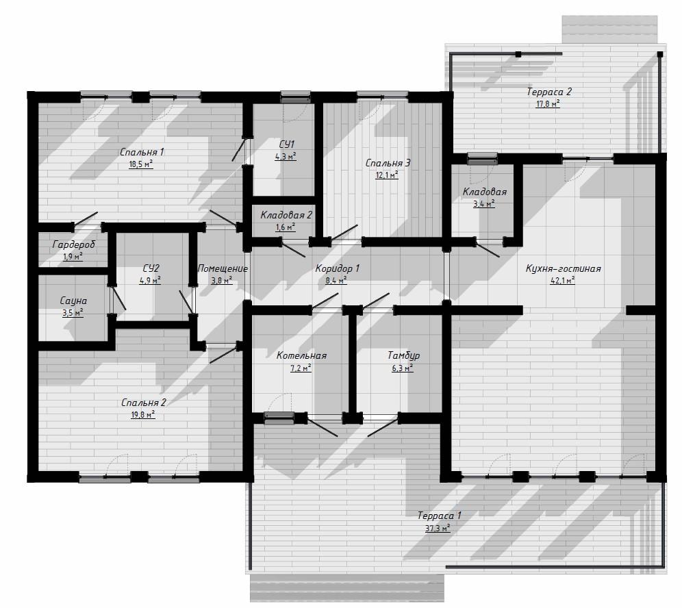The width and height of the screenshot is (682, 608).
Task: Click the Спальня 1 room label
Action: [x=142, y=152]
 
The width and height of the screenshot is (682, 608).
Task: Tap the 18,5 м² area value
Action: [x=141, y=164]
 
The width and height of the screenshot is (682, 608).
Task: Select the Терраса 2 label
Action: [x=549, y=92]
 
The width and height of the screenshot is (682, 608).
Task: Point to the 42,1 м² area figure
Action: [x=562, y=281]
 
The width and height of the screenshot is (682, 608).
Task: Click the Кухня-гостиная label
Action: [x=563, y=268]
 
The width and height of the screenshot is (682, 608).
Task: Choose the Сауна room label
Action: [x=73, y=301]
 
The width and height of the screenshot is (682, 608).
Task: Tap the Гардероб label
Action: [x=73, y=245]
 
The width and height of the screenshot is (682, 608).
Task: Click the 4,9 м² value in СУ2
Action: [x=150, y=281]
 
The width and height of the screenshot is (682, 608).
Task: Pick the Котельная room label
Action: [x=301, y=356]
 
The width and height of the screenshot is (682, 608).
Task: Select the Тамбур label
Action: [x=403, y=356]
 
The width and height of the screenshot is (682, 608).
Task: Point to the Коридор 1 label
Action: [x=337, y=268]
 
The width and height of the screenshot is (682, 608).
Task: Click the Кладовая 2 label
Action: [x=286, y=215]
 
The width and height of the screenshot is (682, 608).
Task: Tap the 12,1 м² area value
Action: [x=387, y=175]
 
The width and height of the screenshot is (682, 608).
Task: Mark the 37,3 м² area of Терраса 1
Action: [x=438, y=529]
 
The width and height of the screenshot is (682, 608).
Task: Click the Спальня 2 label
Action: [x=144, y=403]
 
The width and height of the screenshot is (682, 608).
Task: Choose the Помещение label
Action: [x=223, y=269]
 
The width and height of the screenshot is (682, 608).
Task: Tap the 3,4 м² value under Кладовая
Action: [x=484, y=203]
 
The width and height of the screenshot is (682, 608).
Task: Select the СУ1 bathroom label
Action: [x=287, y=144]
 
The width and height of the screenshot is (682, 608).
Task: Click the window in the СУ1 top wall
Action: [x=296, y=97]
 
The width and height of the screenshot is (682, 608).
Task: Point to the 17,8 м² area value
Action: [x=548, y=104]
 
